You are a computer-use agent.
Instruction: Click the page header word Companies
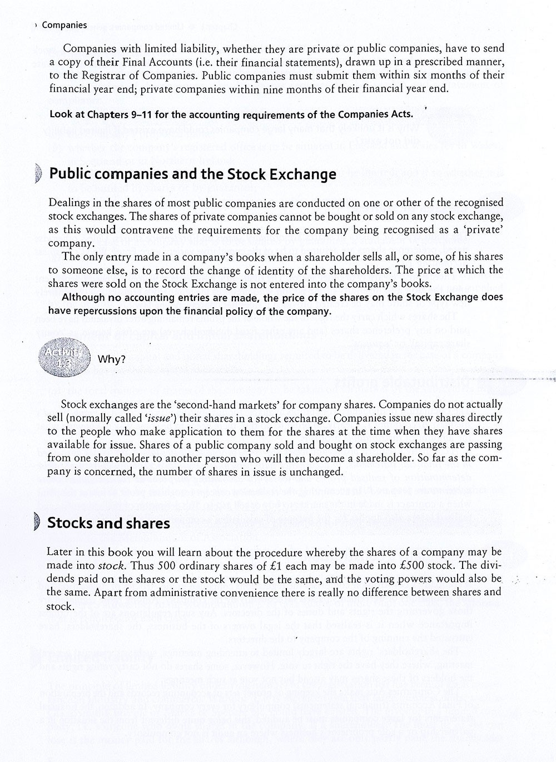coord(64,25)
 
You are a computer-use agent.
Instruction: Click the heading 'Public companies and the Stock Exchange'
coord(192,174)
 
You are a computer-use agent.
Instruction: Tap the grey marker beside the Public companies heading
coord(37,174)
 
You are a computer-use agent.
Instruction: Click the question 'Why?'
coord(112,359)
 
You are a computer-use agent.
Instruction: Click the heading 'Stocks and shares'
coord(108,523)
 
